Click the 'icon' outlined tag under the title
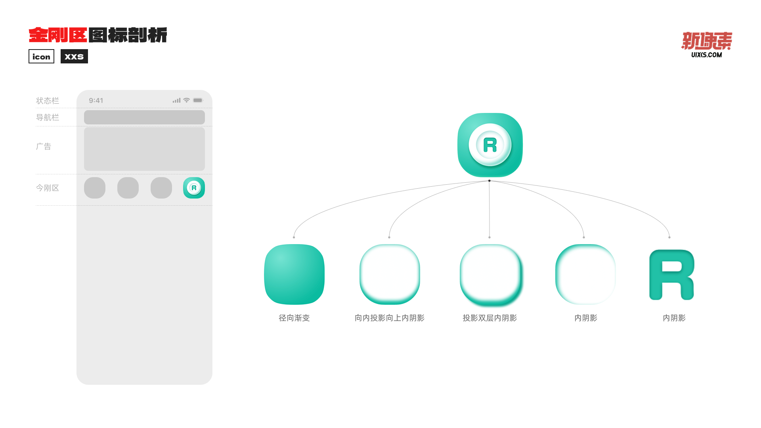point(41,56)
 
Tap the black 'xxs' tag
point(74,56)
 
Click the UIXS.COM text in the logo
point(706,55)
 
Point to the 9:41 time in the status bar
point(96,101)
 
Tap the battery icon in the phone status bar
point(198,100)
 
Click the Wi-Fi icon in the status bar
point(186,100)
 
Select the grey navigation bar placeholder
point(144,117)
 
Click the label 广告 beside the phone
point(44,146)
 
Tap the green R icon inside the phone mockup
point(194,188)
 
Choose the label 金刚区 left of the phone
point(48,188)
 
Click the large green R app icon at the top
point(490,145)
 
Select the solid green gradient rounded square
point(294,274)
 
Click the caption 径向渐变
point(294,318)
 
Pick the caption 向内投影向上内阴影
point(389,318)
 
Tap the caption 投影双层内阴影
point(489,318)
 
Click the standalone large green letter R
point(671,275)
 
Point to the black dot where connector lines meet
point(489,181)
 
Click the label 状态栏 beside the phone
point(48,101)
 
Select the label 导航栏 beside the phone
point(48,117)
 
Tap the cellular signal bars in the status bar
point(176,101)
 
